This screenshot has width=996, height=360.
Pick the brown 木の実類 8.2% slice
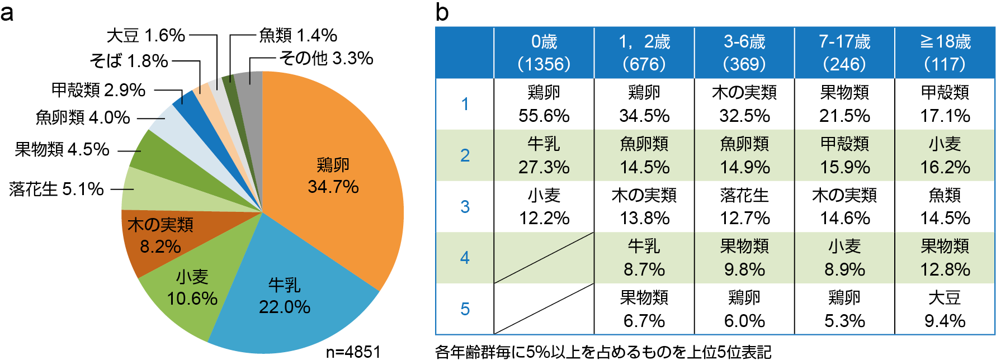160,235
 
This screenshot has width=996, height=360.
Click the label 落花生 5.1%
56,189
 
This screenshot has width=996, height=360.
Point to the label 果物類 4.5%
62,149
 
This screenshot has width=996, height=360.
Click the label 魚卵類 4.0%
83,117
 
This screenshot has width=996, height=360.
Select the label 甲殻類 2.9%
98,89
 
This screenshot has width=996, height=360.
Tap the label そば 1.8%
129,60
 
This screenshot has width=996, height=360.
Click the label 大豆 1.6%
145,35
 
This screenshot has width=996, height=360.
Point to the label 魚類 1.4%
298,35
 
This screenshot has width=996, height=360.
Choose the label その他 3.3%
326,58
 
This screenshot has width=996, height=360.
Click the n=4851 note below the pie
353,352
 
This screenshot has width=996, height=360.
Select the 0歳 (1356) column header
544,53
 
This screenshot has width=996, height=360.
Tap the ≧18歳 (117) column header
945,53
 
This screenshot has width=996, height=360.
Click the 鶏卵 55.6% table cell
544,104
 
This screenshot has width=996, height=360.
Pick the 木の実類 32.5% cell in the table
744,104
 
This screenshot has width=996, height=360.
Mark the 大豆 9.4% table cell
945,309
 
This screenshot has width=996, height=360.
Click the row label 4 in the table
465,258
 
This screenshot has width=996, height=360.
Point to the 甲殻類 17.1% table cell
945,104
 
